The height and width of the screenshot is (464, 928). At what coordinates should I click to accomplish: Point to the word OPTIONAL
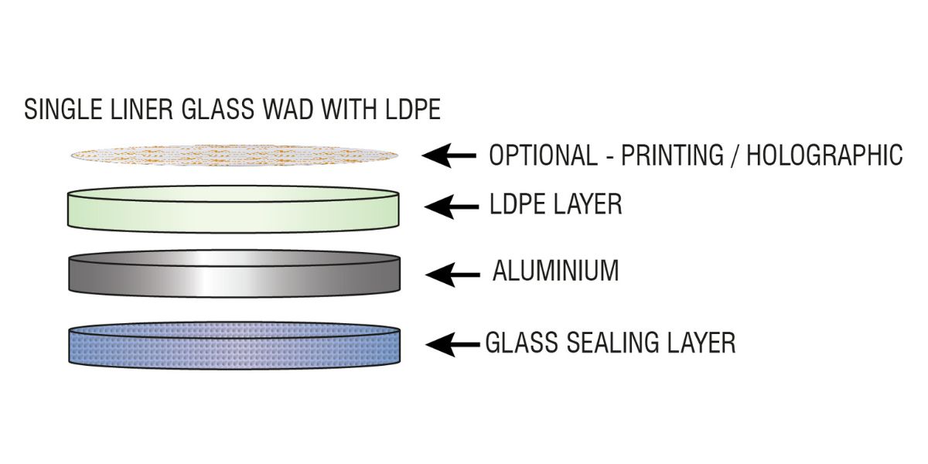tap(542, 155)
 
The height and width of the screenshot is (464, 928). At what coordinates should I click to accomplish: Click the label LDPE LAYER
tap(555, 205)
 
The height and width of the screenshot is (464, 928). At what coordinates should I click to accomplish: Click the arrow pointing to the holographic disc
tap(449, 155)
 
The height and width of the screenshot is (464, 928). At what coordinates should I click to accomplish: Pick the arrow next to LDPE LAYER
tap(452, 206)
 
